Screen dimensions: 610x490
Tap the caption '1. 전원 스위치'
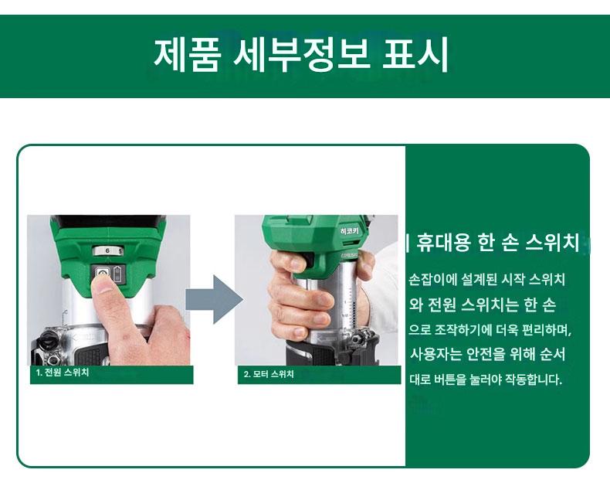pyautogui.click(x=63, y=373)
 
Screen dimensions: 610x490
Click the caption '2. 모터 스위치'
pyautogui.click(x=269, y=374)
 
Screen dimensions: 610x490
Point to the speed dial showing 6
pyautogui.click(x=108, y=251)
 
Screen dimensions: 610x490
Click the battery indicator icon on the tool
pyautogui.click(x=117, y=274)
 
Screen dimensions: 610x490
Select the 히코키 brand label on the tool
pyautogui.click(x=349, y=231)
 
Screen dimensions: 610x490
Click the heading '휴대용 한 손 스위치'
pyautogui.click(x=497, y=242)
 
